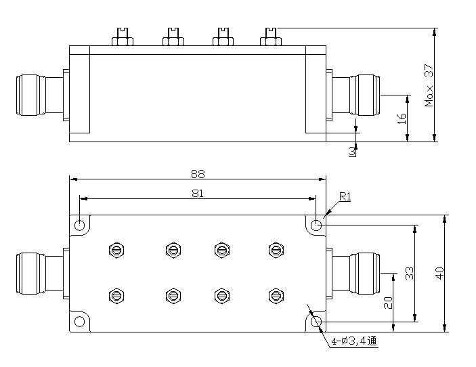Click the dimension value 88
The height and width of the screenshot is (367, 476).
pos(198,173)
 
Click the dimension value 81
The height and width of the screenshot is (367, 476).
pos(198,193)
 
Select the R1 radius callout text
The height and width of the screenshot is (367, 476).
pos(345,197)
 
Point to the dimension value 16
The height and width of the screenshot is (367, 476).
pos(401,117)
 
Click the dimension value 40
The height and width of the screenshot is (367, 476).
pos(439,273)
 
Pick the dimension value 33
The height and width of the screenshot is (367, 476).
pos(409,273)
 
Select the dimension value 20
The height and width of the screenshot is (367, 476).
pos(387,302)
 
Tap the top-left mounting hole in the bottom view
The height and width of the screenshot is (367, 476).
pos(80,225)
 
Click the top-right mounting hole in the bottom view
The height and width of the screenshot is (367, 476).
pos(316,225)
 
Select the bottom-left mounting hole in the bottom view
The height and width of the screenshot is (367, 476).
pos(80,322)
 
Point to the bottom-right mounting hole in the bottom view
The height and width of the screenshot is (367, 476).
pos(316,322)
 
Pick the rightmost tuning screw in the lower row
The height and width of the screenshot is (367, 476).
pos(274,295)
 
